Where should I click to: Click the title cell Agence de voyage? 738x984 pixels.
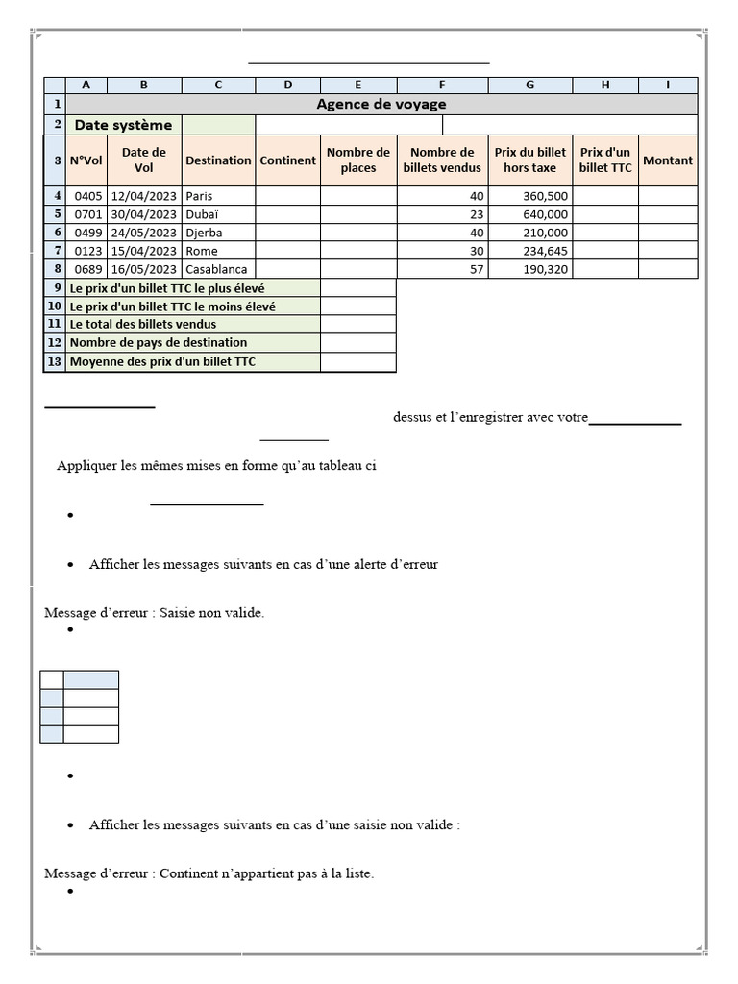[x=381, y=104]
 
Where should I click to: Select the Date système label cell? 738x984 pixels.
[x=124, y=125]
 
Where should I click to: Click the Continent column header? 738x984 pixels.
[x=287, y=160]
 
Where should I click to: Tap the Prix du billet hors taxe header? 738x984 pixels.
[x=529, y=160]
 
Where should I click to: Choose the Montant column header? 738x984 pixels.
[x=668, y=160]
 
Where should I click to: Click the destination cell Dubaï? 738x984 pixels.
[x=202, y=214]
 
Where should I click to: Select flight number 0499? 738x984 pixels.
[x=87, y=233]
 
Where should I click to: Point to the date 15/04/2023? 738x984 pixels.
[x=144, y=251]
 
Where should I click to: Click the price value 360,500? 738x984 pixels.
[x=544, y=196]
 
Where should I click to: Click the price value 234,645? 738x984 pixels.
[x=544, y=251]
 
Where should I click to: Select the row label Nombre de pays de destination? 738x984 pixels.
[x=159, y=343]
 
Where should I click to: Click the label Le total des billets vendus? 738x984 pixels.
[x=143, y=325]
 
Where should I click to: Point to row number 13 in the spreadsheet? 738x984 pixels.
[x=55, y=362]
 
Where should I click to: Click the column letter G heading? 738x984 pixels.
[x=529, y=85]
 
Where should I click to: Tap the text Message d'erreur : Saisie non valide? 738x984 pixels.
[x=154, y=613]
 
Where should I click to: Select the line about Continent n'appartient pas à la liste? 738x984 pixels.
[x=209, y=873]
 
